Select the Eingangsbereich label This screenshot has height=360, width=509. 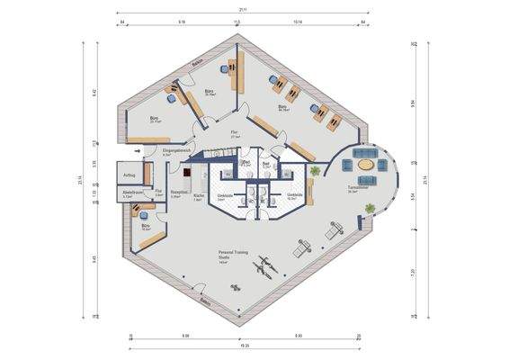coord(174,151)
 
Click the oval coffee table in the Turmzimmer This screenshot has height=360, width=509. coord(366,165)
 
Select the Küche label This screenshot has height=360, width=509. coord(198,197)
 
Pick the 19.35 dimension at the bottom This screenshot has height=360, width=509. coord(245,345)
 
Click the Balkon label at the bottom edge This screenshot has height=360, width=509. coord(205,301)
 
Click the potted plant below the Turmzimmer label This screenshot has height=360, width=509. coord(370,210)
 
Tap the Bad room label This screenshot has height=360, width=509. coord(266,163)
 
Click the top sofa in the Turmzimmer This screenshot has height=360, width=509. coord(365,153)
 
